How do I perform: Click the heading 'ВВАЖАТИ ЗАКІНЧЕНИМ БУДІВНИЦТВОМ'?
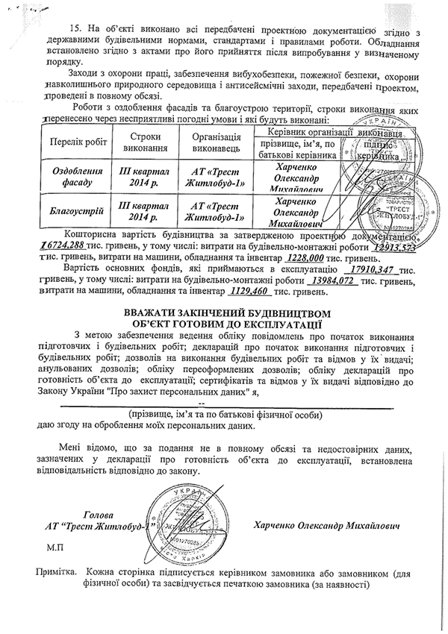(x=223, y=313)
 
